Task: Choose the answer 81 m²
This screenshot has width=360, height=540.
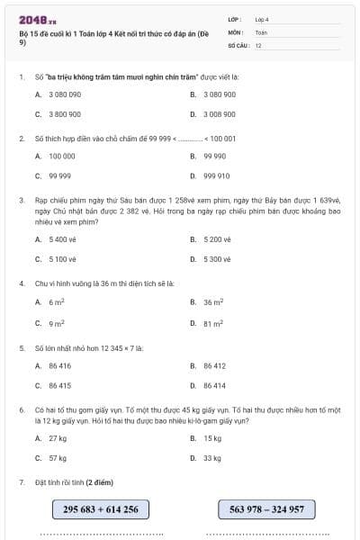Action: pos(213,322)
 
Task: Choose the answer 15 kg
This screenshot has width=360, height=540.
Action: pos(212,437)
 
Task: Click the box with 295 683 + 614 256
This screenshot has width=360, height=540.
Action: pos(101,509)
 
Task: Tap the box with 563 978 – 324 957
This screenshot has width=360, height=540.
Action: pos(266,509)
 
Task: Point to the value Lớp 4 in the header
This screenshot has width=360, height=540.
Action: pos(262,18)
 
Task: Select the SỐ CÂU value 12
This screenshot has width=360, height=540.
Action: pos(258,44)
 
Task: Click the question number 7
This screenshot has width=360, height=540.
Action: pos(21,482)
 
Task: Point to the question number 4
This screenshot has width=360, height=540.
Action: pos(21,283)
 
